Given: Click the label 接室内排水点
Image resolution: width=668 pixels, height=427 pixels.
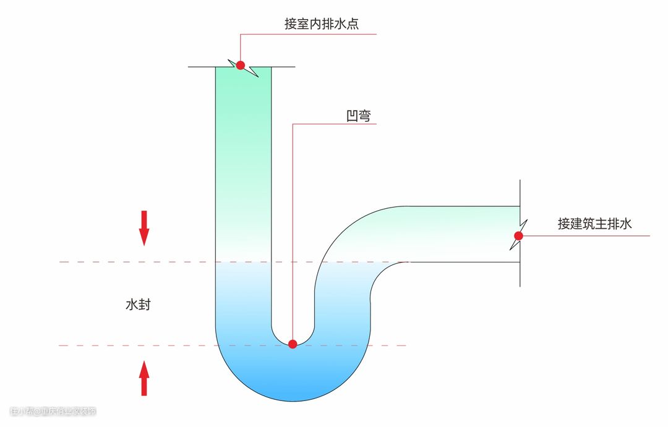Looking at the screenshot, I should tap(322, 24).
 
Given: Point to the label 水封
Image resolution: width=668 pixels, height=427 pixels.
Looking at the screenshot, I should tap(138, 305).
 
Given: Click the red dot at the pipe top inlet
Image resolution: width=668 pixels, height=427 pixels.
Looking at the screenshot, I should tap(241, 65).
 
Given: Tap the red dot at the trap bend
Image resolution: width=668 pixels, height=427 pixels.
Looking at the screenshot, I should tap(293, 344).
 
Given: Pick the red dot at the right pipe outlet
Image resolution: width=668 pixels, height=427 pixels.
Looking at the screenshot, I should tap(518, 235).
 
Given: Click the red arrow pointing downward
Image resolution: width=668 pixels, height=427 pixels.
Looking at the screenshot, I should tap(144, 227).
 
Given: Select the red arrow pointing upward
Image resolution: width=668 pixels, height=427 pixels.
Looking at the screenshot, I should tap(144, 378).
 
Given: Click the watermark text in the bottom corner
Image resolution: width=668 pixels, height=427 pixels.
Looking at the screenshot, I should tap(53, 411).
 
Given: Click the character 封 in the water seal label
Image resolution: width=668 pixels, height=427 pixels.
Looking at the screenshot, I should tap(144, 305).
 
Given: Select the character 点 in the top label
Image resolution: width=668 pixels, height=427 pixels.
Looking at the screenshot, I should tap(353, 24).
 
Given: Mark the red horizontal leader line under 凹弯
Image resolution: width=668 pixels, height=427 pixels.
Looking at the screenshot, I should tap(334, 124).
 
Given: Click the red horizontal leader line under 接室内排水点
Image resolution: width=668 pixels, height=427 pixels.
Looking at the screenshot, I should tap(309, 34).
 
